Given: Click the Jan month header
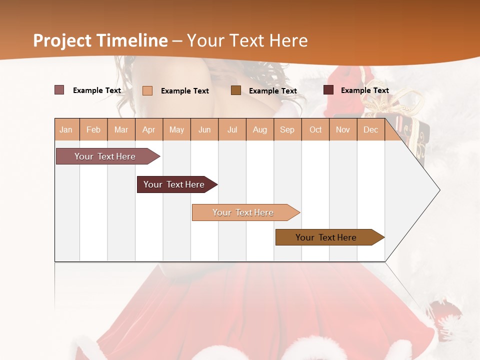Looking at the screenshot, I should pyautogui.click(x=66, y=129).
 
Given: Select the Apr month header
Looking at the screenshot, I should pyautogui.click(x=148, y=129).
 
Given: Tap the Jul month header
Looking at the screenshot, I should pyautogui.click(x=232, y=129).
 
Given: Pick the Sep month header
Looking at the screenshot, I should pyautogui.click(x=287, y=129).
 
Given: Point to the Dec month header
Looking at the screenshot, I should pyautogui.click(x=370, y=129).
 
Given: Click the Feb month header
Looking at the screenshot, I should pyautogui.click(x=93, y=129).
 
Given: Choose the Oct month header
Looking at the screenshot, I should pyautogui.click(x=315, y=129).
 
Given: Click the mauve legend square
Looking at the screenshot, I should pyautogui.click(x=59, y=90).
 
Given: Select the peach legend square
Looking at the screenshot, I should pyautogui.click(x=147, y=90).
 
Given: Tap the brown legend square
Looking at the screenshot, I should pyautogui.click(x=236, y=90).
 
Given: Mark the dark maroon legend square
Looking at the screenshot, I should pyautogui.click(x=328, y=90).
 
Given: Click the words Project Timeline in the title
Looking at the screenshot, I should pyautogui.click(x=100, y=40).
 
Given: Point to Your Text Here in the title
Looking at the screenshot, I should pyautogui.click(x=247, y=40).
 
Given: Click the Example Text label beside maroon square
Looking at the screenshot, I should pyautogui.click(x=364, y=90).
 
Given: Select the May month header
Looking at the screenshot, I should pyautogui.click(x=176, y=129).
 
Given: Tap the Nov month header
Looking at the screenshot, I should pyautogui.click(x=343, y=129).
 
